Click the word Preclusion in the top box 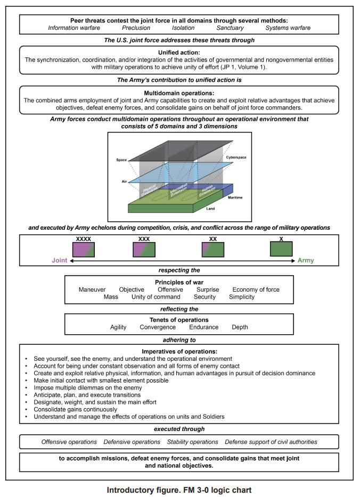coord(136,28)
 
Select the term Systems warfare coord(288,28)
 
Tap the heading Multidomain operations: coord(179,93)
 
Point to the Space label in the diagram coord(121,160)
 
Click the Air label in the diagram coord(125,181)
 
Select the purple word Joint coord(60,261)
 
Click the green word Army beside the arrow coord(306,261)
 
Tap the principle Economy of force coord(256,289)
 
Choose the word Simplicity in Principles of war coord(242,297)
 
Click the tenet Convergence coord(158,327)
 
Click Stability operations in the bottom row coord(192,442)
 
